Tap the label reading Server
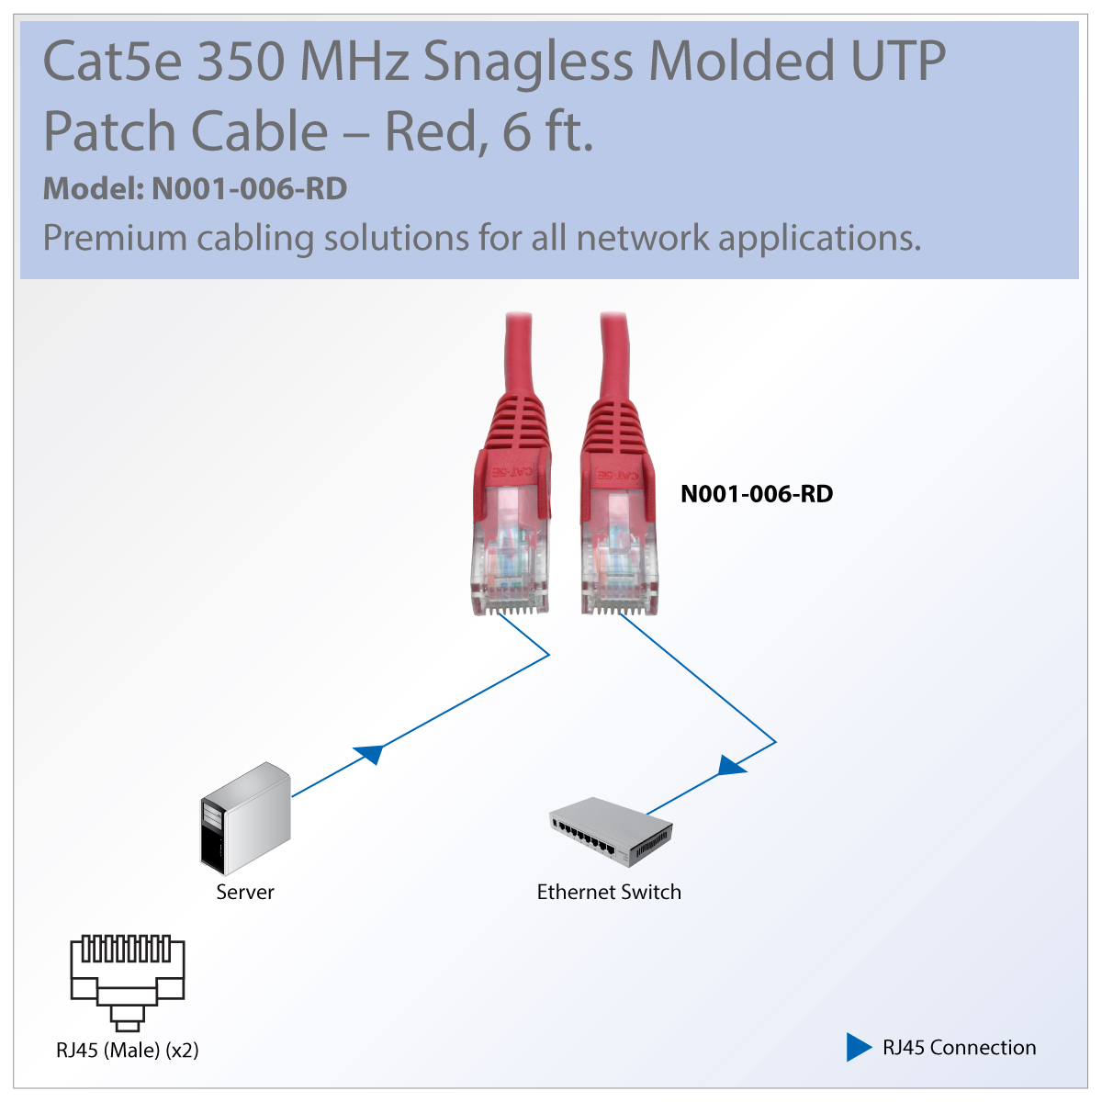coord(245,892)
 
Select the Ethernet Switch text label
coord(609,892)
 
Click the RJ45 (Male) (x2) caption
coord(128,1050)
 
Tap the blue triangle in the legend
coord(858,1047)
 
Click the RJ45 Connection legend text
coord(959,1048)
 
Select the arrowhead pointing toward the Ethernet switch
coord(731,765)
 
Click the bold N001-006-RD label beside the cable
coord(757,494)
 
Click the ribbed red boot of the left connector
coord(513,427)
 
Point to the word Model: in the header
coord(93,189)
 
